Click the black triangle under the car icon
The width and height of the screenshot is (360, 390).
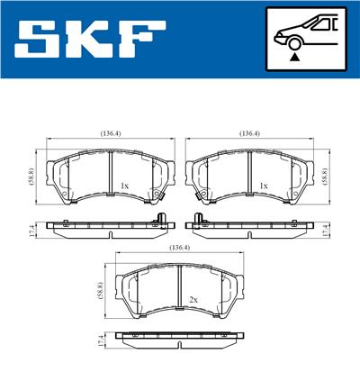coord(294,57)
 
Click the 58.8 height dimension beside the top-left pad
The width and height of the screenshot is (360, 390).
coord(31,175)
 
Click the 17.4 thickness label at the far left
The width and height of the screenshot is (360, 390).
coord(31,231)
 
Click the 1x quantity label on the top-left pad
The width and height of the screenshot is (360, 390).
coord(124,186)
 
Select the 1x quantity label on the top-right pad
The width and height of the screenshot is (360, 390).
coord(264,186)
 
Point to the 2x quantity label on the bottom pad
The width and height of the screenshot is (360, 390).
coord(193,299)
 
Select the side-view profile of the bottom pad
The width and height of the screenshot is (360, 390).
coord(179,340)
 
